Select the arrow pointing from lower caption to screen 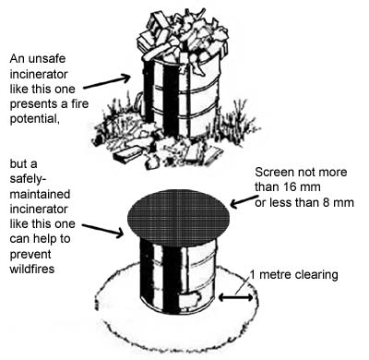103,222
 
